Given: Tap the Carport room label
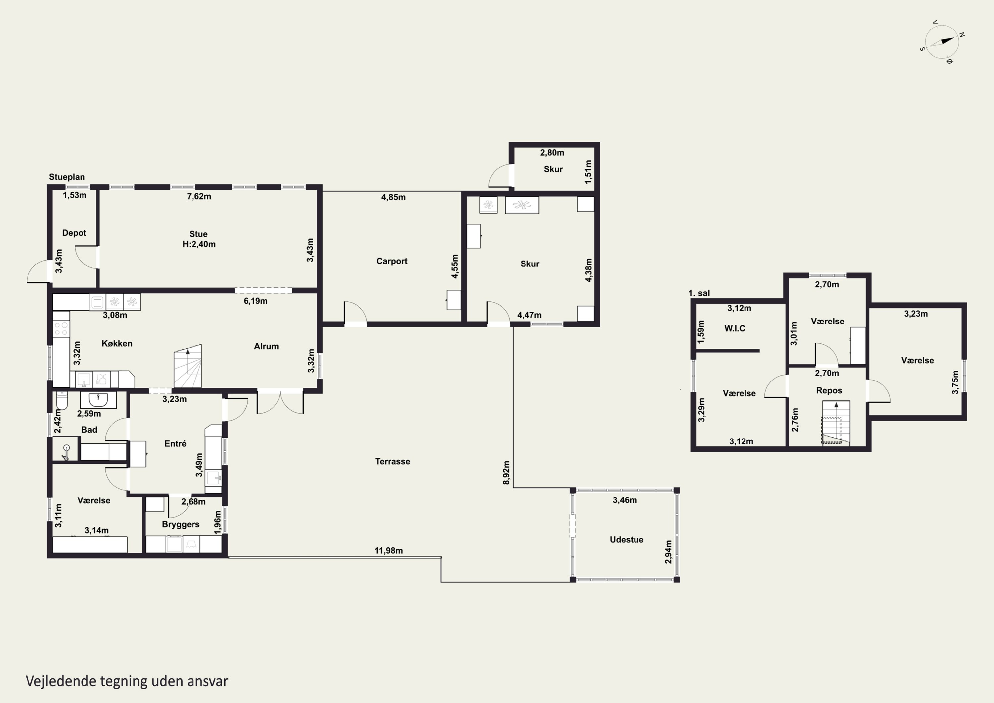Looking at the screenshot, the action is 391,261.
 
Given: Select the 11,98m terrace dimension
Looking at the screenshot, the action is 388,551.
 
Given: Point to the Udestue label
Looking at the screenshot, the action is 627,540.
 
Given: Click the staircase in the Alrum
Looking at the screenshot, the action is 188,367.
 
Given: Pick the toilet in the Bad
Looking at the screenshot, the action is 62,401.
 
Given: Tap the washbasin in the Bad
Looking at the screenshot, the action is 98,400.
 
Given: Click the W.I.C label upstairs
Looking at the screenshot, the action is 735,329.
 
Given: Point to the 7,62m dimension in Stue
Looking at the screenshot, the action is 199,197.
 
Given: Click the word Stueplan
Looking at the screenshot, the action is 67,177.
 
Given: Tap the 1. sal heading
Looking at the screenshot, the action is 699,293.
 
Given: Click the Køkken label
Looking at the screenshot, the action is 117,343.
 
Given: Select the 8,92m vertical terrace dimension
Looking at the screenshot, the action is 506,473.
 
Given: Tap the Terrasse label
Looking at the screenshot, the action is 392,462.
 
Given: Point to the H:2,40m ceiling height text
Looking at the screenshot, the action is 199,244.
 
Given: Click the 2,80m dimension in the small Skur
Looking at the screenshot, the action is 552,153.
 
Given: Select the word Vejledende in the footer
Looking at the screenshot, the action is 61,681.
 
